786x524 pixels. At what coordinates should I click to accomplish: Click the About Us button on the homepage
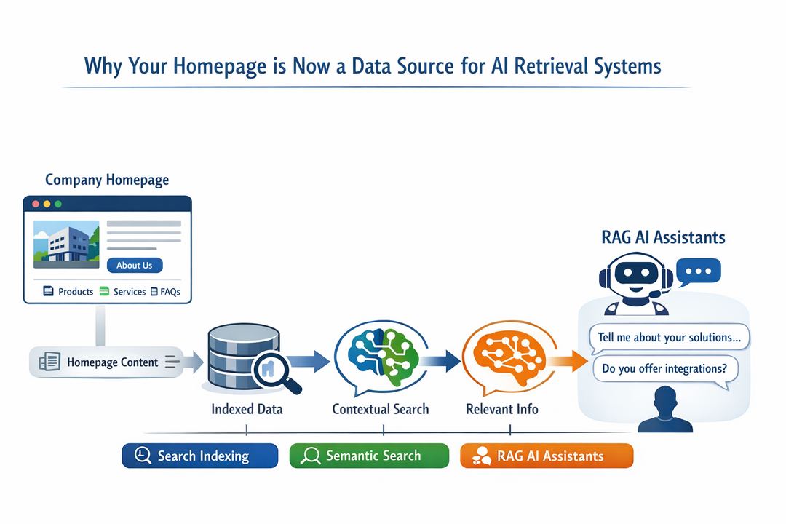(x=135, y=266)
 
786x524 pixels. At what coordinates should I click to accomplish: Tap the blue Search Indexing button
(x=200, y=456)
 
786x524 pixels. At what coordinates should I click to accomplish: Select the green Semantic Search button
(x=369, y=456)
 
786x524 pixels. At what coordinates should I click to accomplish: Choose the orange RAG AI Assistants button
(x=547, y=456)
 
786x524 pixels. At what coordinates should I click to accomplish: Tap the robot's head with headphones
(x=630, y=276)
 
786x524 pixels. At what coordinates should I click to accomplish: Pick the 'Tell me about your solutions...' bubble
(x=669, y=338)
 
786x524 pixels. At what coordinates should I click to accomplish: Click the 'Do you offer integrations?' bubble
(x=664, y=368)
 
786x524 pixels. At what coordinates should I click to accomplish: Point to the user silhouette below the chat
(x=664, y=410)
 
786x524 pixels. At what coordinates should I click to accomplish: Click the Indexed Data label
(x=247, y=409)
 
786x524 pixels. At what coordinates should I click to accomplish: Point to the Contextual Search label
(x=381, y=409)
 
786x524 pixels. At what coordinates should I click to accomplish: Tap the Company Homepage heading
(x=107, y=180)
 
